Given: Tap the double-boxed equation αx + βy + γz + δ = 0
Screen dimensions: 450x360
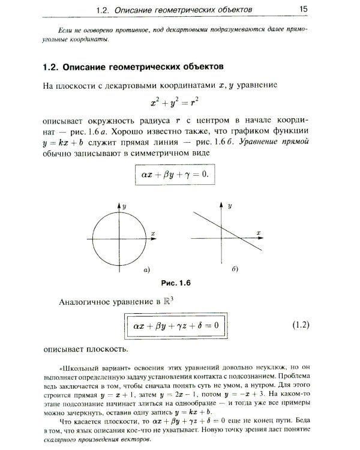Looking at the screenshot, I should coord(173,326).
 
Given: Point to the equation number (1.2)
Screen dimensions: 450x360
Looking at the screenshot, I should coord(299,326).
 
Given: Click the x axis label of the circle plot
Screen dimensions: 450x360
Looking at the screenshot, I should coord(154,232).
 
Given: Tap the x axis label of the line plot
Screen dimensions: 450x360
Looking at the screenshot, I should coord(259,231).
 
